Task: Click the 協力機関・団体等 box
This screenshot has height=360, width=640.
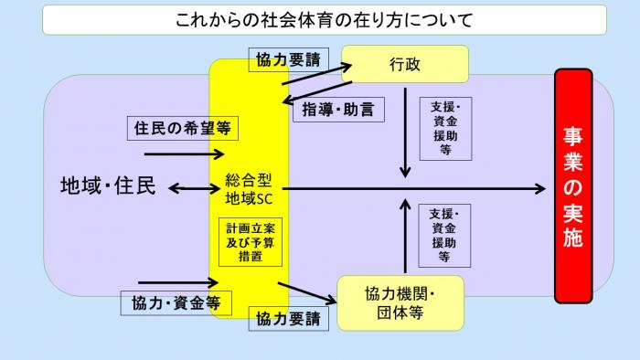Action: (x=400, y=302)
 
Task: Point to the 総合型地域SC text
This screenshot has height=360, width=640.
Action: (x=249, y=189)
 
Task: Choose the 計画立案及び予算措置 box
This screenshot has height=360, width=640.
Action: (x=249, y=241)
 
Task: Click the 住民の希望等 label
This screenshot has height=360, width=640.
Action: (x=182, y=129)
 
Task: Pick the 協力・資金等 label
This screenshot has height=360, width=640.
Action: (x=175, y=301)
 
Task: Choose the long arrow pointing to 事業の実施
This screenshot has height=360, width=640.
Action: (x=411, y=189)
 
